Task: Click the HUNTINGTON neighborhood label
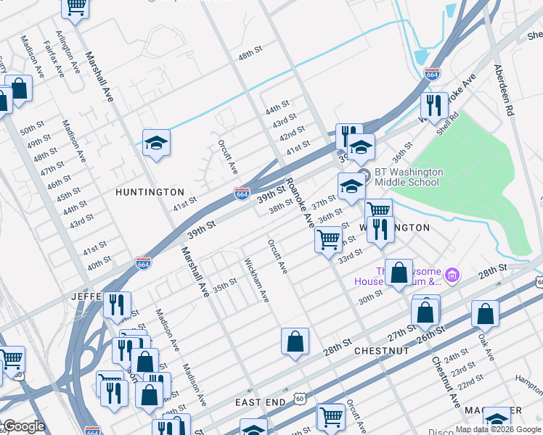(150, 192)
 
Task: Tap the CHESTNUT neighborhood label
(382, 351)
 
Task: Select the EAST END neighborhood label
(258, 402)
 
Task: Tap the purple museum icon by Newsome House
(453, 275)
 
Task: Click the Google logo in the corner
(24, 426)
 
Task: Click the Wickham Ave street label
(257, 281)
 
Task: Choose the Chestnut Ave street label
(445, 381)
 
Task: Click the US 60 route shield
(300, 398)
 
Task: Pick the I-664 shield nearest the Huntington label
(242, 194)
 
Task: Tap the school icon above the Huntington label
(156, 144)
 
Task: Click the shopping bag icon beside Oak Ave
(485, 314)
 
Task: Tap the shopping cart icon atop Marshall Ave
(75, 7)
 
